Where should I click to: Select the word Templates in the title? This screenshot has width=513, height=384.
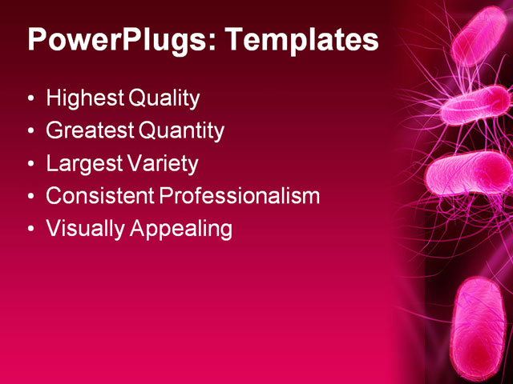click(305, 39)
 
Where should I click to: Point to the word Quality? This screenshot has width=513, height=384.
click(163, 99)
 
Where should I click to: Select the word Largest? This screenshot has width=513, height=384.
click(83, 164)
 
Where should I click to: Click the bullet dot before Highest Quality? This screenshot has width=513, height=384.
click(31, 100)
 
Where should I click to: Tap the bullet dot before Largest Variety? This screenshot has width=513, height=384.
click(31, 165)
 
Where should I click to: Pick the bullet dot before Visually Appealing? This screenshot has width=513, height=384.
click(31, 230)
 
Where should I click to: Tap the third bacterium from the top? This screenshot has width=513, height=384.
click(469, 172)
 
